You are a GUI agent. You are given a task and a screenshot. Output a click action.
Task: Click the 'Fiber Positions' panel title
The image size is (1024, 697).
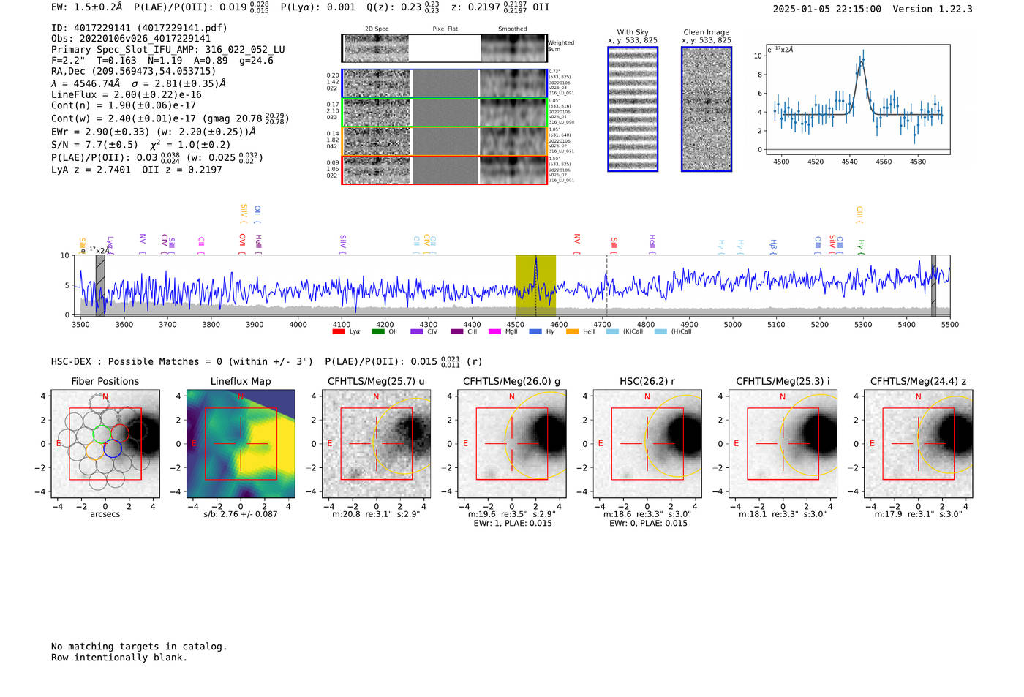[x=105, y=381]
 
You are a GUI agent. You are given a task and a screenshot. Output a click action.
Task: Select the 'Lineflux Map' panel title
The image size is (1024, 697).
[x=240, y=381]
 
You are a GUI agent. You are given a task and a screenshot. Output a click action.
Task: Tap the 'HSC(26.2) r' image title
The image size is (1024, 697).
[x=647, y=381]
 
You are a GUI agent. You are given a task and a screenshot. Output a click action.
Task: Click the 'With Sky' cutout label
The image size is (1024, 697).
[x=632, y=32]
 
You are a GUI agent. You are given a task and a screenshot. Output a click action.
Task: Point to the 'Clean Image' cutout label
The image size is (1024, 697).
[x=706, y=32]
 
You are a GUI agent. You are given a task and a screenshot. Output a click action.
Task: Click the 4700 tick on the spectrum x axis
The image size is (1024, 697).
[x=602, y=324]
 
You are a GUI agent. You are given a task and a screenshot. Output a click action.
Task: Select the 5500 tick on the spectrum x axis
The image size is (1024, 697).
[x=949, y=324]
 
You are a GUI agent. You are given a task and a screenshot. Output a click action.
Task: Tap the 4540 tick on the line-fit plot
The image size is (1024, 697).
[x=849, y=162]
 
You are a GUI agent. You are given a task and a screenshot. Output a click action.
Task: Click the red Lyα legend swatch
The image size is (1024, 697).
[x=339, y=332]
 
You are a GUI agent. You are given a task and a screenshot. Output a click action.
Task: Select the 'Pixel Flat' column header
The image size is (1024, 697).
[x=445, y=29]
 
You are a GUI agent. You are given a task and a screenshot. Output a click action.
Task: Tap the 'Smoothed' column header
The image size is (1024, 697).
[x=512, y=29]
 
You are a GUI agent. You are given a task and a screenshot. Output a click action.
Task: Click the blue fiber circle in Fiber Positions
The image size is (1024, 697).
[x=112, y=449]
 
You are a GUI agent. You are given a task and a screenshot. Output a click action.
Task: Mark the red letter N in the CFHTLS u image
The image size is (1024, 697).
[x=376, y=397]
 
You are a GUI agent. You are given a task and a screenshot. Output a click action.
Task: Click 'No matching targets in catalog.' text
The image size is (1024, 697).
[x=139, y=647]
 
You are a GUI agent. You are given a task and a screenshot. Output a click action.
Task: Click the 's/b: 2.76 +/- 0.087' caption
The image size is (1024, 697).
[x=240, y=514]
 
